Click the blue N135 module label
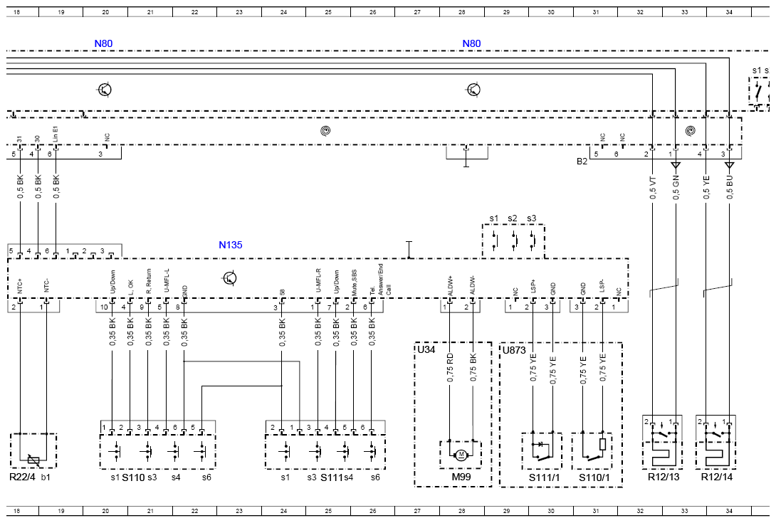click(x=230, y=245)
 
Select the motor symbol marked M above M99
click(x=461, y=454)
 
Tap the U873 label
click(x=513, y=349)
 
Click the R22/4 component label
click(x=22, y=476)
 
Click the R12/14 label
click(x=715, y=476)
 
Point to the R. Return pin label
click(x=148, y=282)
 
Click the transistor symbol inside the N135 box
click(x=229, y=278)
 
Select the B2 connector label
click(x=582, y=162)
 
